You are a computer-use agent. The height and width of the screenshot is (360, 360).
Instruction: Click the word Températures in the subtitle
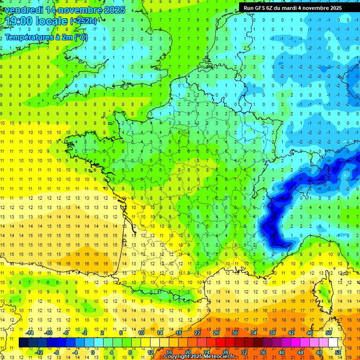point(29,37)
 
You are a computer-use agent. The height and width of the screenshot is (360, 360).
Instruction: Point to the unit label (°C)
point(81,37)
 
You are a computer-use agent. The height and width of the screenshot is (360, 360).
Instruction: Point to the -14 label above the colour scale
point(30,333)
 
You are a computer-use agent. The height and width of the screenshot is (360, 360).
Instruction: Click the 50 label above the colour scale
point(329,333)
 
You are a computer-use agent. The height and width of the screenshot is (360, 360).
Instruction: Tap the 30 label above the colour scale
point(234,333)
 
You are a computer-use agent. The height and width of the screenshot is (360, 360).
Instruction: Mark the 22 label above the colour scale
point(197,333)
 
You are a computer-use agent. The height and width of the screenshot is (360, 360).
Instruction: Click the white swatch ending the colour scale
point(333,343)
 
